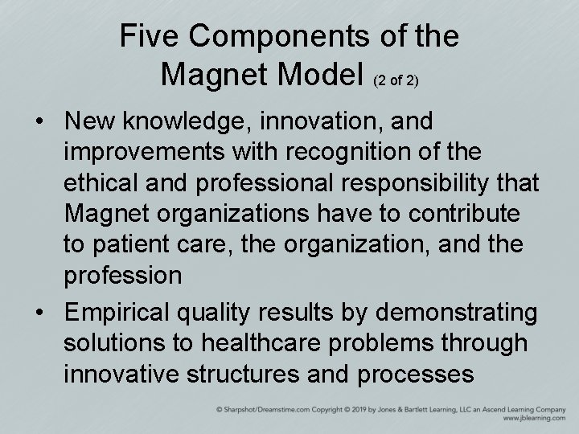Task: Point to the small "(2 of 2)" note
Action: tap(396, 80)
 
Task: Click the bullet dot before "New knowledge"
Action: tap(39, 122)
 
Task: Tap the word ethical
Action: tap(104, 184)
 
